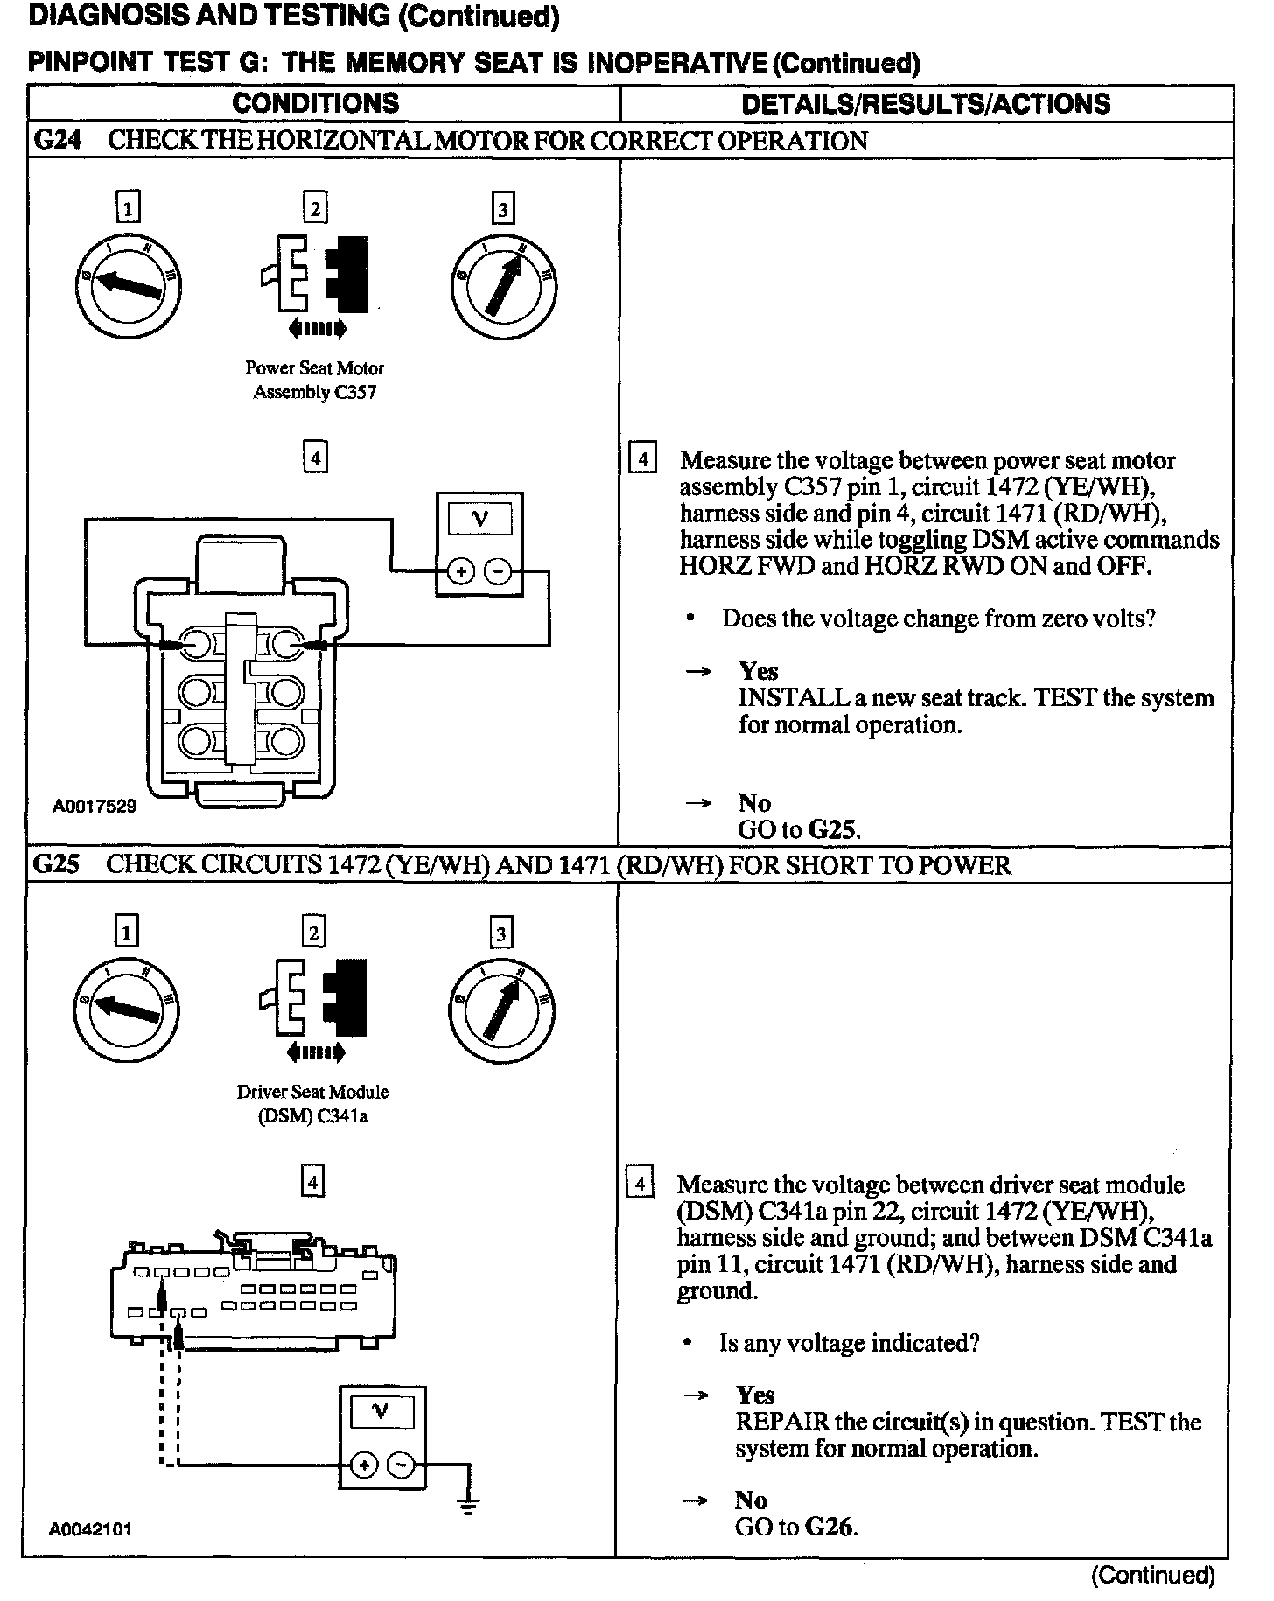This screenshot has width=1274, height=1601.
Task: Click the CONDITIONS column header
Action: [x=315, y=103]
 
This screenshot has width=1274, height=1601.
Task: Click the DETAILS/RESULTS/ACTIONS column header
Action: [x=925, y=104]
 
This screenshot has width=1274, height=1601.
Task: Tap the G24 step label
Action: [x=57, y=141]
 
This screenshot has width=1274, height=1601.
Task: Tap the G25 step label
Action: [x=56, y=865]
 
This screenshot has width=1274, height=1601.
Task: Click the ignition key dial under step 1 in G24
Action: [x=128, y=286]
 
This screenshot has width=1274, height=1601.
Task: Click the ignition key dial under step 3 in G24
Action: [x=502, y=286]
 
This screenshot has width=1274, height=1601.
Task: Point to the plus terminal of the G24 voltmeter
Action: [x=461, y=572]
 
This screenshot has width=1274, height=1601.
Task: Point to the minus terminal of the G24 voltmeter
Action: [x=497, y=572]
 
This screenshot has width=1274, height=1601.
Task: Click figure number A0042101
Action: [x=91, y=1529]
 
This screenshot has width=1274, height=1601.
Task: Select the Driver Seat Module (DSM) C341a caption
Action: [x=312, y=1104]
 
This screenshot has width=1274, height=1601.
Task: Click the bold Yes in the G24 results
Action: [x=758, y=671]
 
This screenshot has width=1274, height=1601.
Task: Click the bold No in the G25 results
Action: [x=751, y=1500]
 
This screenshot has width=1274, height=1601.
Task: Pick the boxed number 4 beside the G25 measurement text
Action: [x=640, y=1185]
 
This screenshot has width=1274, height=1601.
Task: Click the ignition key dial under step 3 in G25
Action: [x=501, y=1010]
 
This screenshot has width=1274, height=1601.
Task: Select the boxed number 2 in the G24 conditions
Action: [x=315, y=208]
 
